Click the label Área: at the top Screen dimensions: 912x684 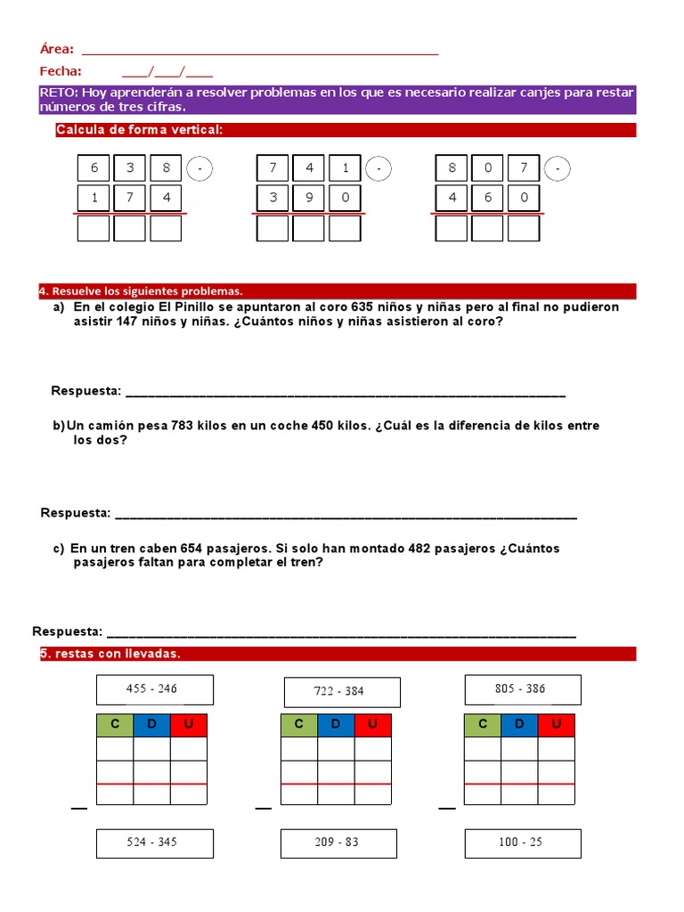coord(57,50)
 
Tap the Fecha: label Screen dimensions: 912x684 coord(61,71)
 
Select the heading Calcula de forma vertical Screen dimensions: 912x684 coord(138,130)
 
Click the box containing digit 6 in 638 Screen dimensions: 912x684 coord(94,168)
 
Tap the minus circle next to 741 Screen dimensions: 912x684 coord(379,168)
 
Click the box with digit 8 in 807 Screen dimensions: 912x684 coord(452,168)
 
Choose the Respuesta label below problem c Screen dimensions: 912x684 coord(68,631)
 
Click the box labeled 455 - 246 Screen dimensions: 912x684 coord(155,689)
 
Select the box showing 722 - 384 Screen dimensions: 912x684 coord(341,692)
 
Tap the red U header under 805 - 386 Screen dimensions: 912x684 coord(557,724)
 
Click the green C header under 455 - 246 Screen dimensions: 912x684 coord(115,725)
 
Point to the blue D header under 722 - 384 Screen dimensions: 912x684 coord(336,725)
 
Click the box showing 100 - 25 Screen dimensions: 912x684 coord(523,843)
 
